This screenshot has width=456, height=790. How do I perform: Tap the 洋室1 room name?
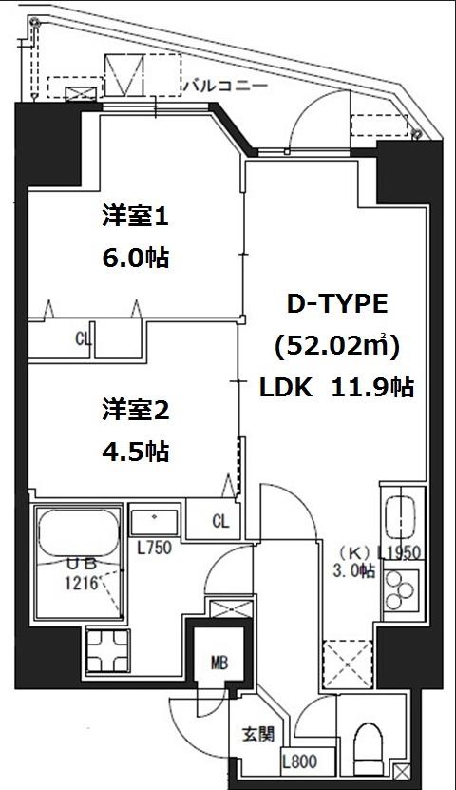tap(135, 218)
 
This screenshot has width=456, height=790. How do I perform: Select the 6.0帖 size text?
tap(135, 257)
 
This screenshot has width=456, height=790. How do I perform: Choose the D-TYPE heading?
tap(337, 304)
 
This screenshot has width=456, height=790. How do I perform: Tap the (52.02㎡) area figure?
tap(337, 346)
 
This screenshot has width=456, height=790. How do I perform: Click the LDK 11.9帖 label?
tap(337, 388)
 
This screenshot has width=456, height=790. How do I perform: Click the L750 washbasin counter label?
tap(154, 549)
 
